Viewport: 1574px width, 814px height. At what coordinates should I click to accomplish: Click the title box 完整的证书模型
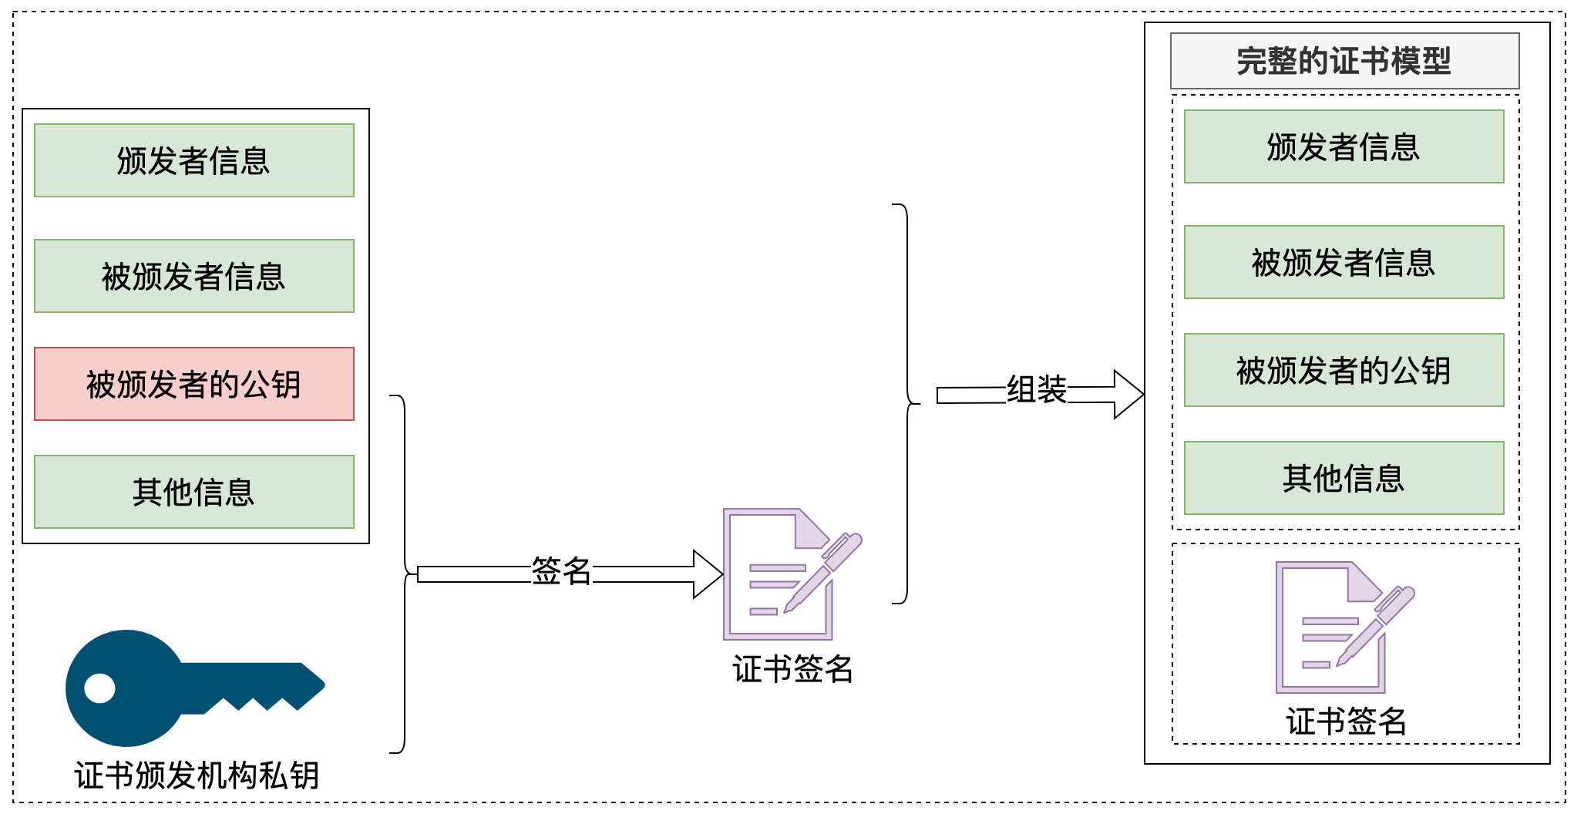coord(1344,61)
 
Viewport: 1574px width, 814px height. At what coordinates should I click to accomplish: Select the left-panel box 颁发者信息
coord(194,160)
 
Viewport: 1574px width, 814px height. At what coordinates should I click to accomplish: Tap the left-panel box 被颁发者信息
coord(194,276)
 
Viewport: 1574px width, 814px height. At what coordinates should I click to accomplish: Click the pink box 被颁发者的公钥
coord(194,384)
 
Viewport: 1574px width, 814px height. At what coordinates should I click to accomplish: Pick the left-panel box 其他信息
coord(194,492)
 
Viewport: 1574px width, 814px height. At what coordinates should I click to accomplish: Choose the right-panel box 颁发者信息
coord(1344,146)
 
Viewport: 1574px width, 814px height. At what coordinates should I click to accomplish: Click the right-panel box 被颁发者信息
coord(1344,262)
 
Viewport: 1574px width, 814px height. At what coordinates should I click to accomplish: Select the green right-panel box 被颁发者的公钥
coord(1344,370)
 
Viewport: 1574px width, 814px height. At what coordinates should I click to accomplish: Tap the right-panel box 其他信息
coord(1344,478)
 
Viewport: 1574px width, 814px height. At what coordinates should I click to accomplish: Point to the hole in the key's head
coord(99,688)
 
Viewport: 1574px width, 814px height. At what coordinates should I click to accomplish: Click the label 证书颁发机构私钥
coord(197,775)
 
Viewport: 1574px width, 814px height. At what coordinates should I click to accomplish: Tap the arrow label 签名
coord(561,571)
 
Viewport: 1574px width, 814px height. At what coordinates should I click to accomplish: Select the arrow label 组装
coord(1037,389)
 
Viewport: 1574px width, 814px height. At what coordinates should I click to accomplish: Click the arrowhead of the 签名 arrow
coord(708,574)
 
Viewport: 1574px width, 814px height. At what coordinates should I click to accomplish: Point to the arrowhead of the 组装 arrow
coord(1128,395)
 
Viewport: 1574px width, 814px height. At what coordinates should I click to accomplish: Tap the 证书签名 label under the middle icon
coord(792,668)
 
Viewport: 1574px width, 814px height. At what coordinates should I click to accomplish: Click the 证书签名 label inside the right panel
coord(1346,721)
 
